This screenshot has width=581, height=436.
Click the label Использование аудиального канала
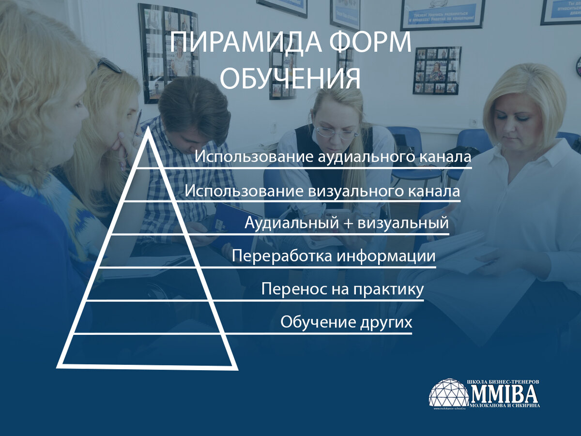(333, 158)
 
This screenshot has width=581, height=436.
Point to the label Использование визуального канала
(322, 191)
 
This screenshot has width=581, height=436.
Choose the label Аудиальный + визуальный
(346, 224)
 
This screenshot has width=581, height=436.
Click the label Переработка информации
(334, 256)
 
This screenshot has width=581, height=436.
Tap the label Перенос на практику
(342, 289)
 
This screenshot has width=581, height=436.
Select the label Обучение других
(346, 322)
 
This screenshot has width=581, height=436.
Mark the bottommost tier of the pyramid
(148, 349)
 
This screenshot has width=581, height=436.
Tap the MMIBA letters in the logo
(505, 393)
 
